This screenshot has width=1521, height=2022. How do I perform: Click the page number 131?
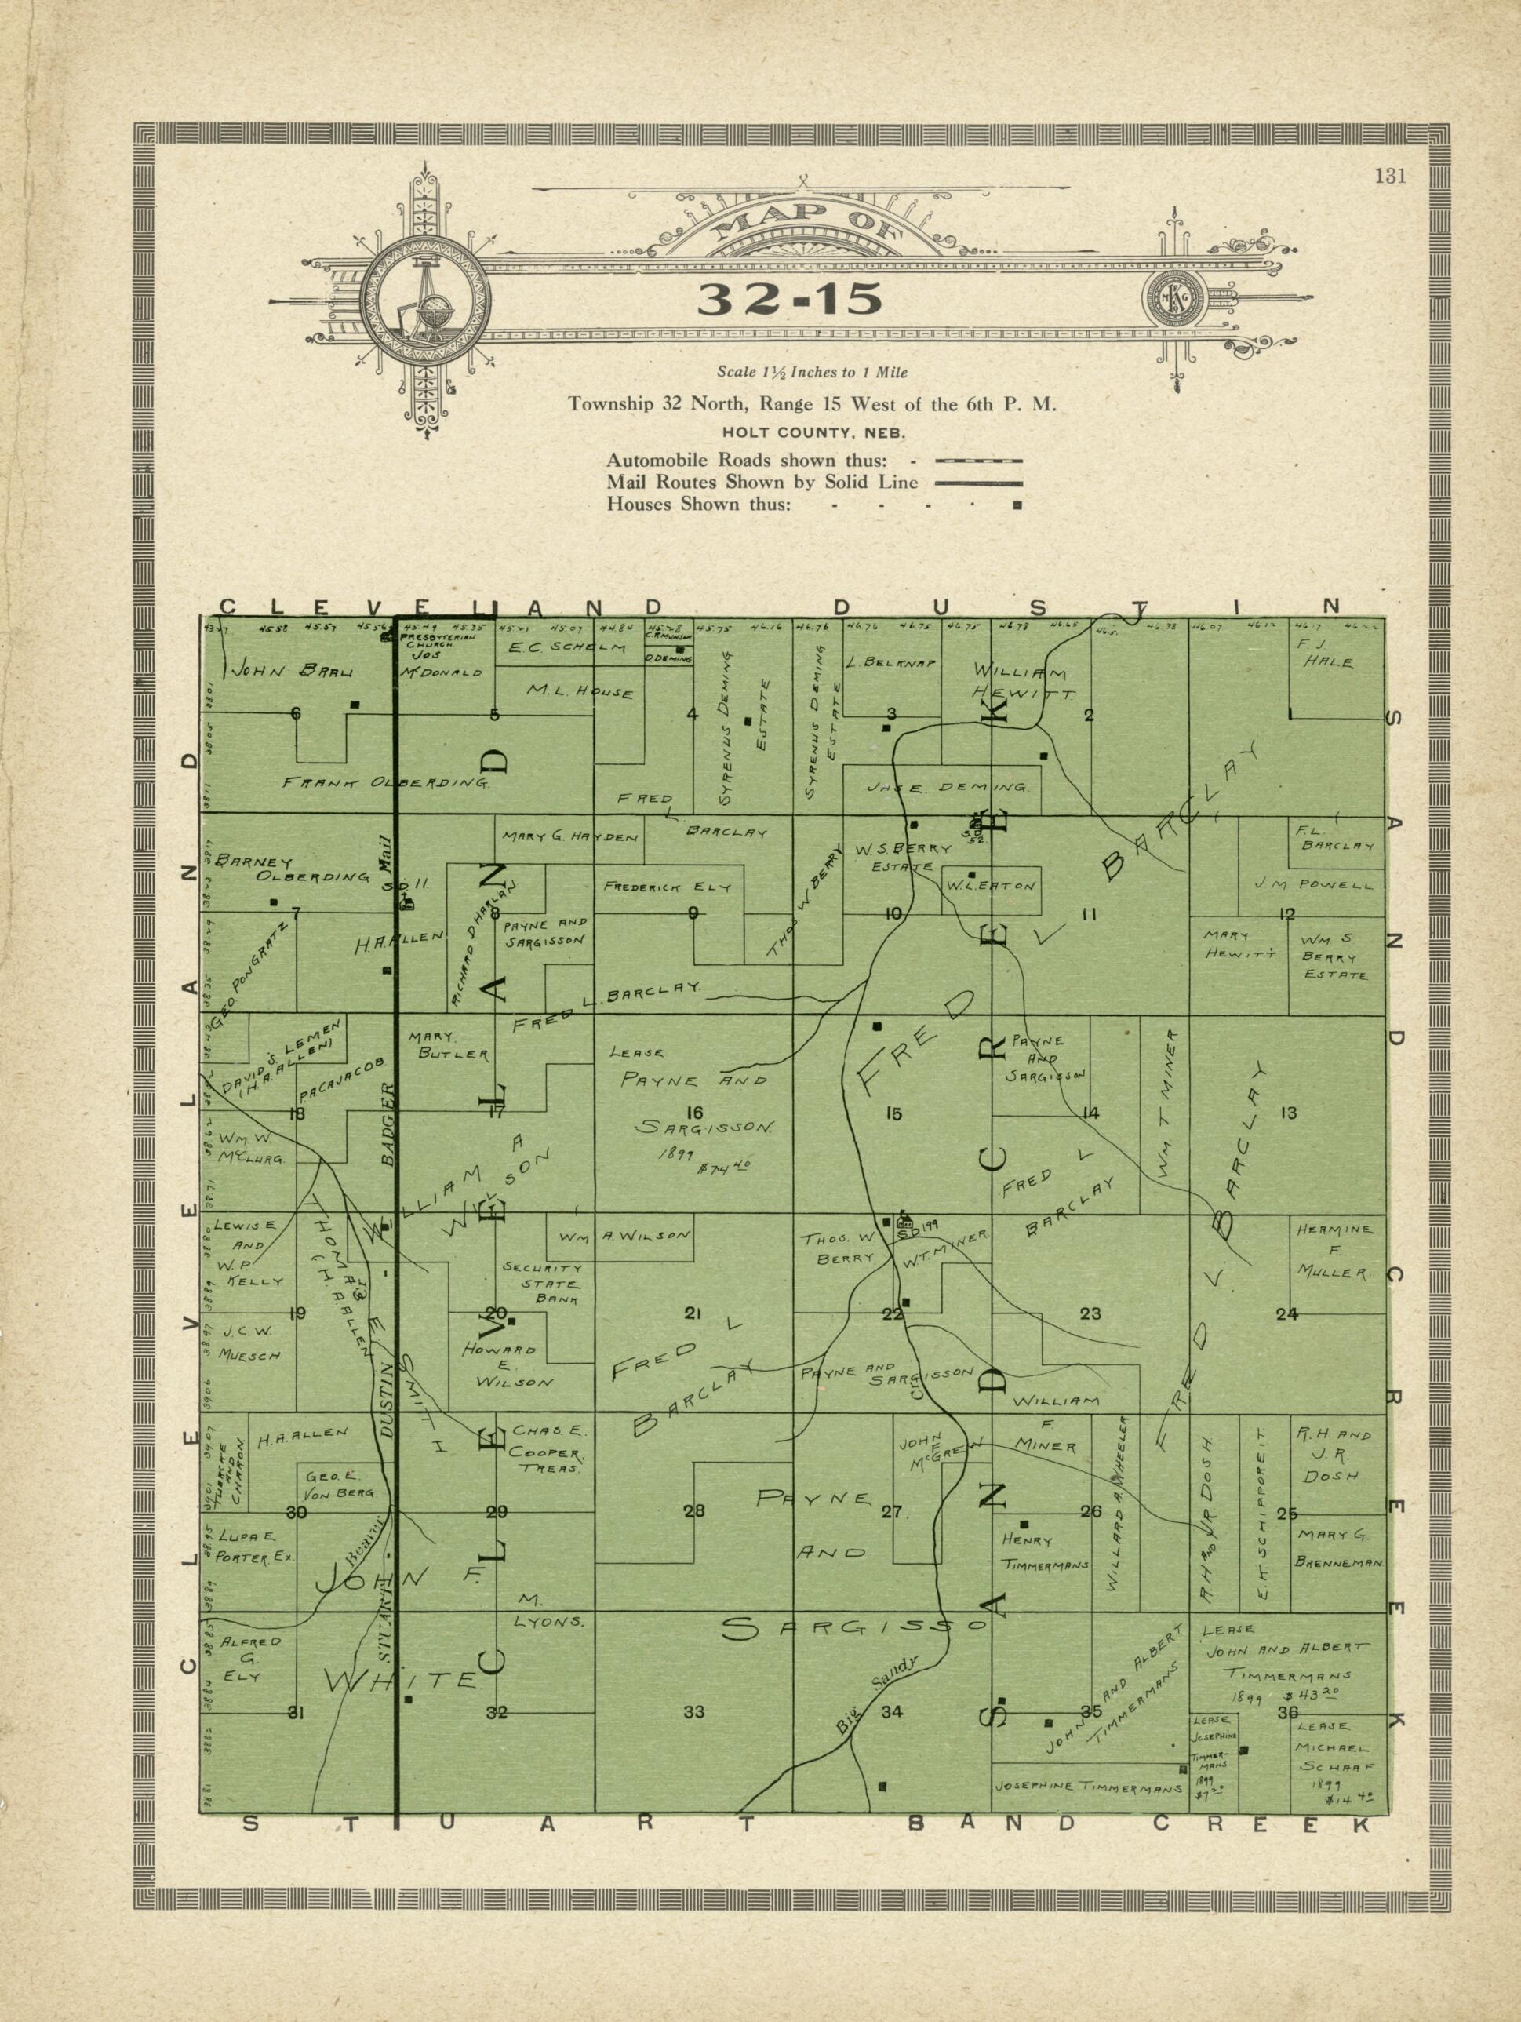[1389, 177]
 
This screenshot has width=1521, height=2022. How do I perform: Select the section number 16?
[693, 1113]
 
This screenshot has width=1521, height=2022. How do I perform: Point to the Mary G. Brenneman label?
[1335, 1550]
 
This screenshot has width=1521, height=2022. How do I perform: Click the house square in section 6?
[355, 704]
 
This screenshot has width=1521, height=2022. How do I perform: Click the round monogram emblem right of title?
[1173, 299]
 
